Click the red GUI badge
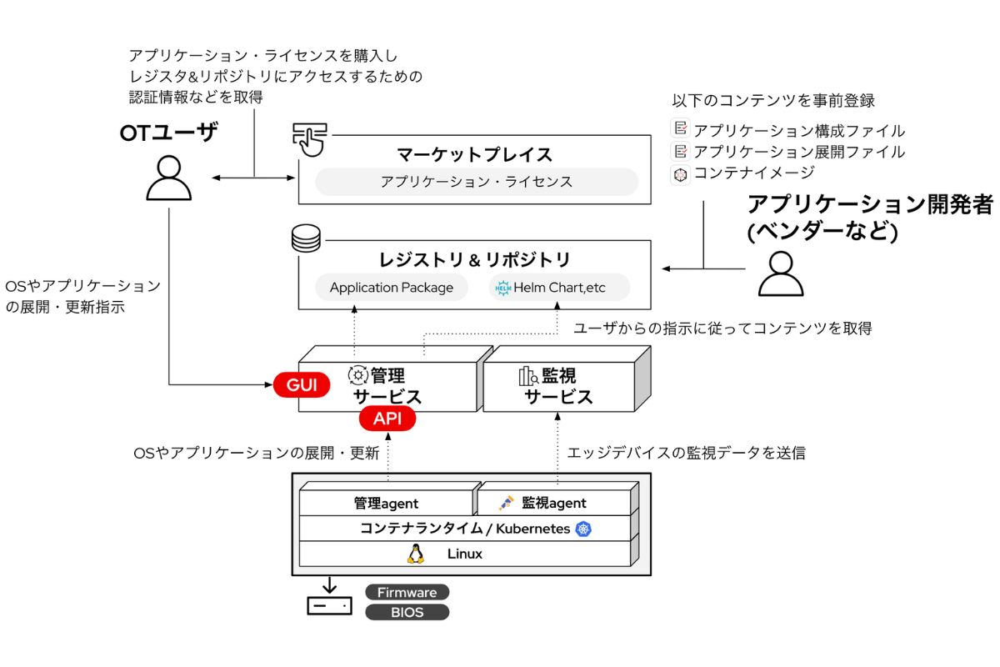(x=302, y=384)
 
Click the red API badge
(x=387, y=419)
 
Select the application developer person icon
(x=780, y=273)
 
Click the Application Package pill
(x=392, y=288)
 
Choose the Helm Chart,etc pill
(x=558, y=288)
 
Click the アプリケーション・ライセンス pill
(x=476, y=182)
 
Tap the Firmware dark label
(x=407, y=593)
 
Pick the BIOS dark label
(x=407, y=613)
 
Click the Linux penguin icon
(x=415, y=554)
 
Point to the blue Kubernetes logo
(x=583, y=529)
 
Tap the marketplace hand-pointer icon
(x=309, y=138)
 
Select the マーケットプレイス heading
(x=474, y=154)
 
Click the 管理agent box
(x=386, y=504)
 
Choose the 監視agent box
(x=553, y=504)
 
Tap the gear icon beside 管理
(x=358, y=375)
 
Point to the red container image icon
(x=681, y=173)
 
